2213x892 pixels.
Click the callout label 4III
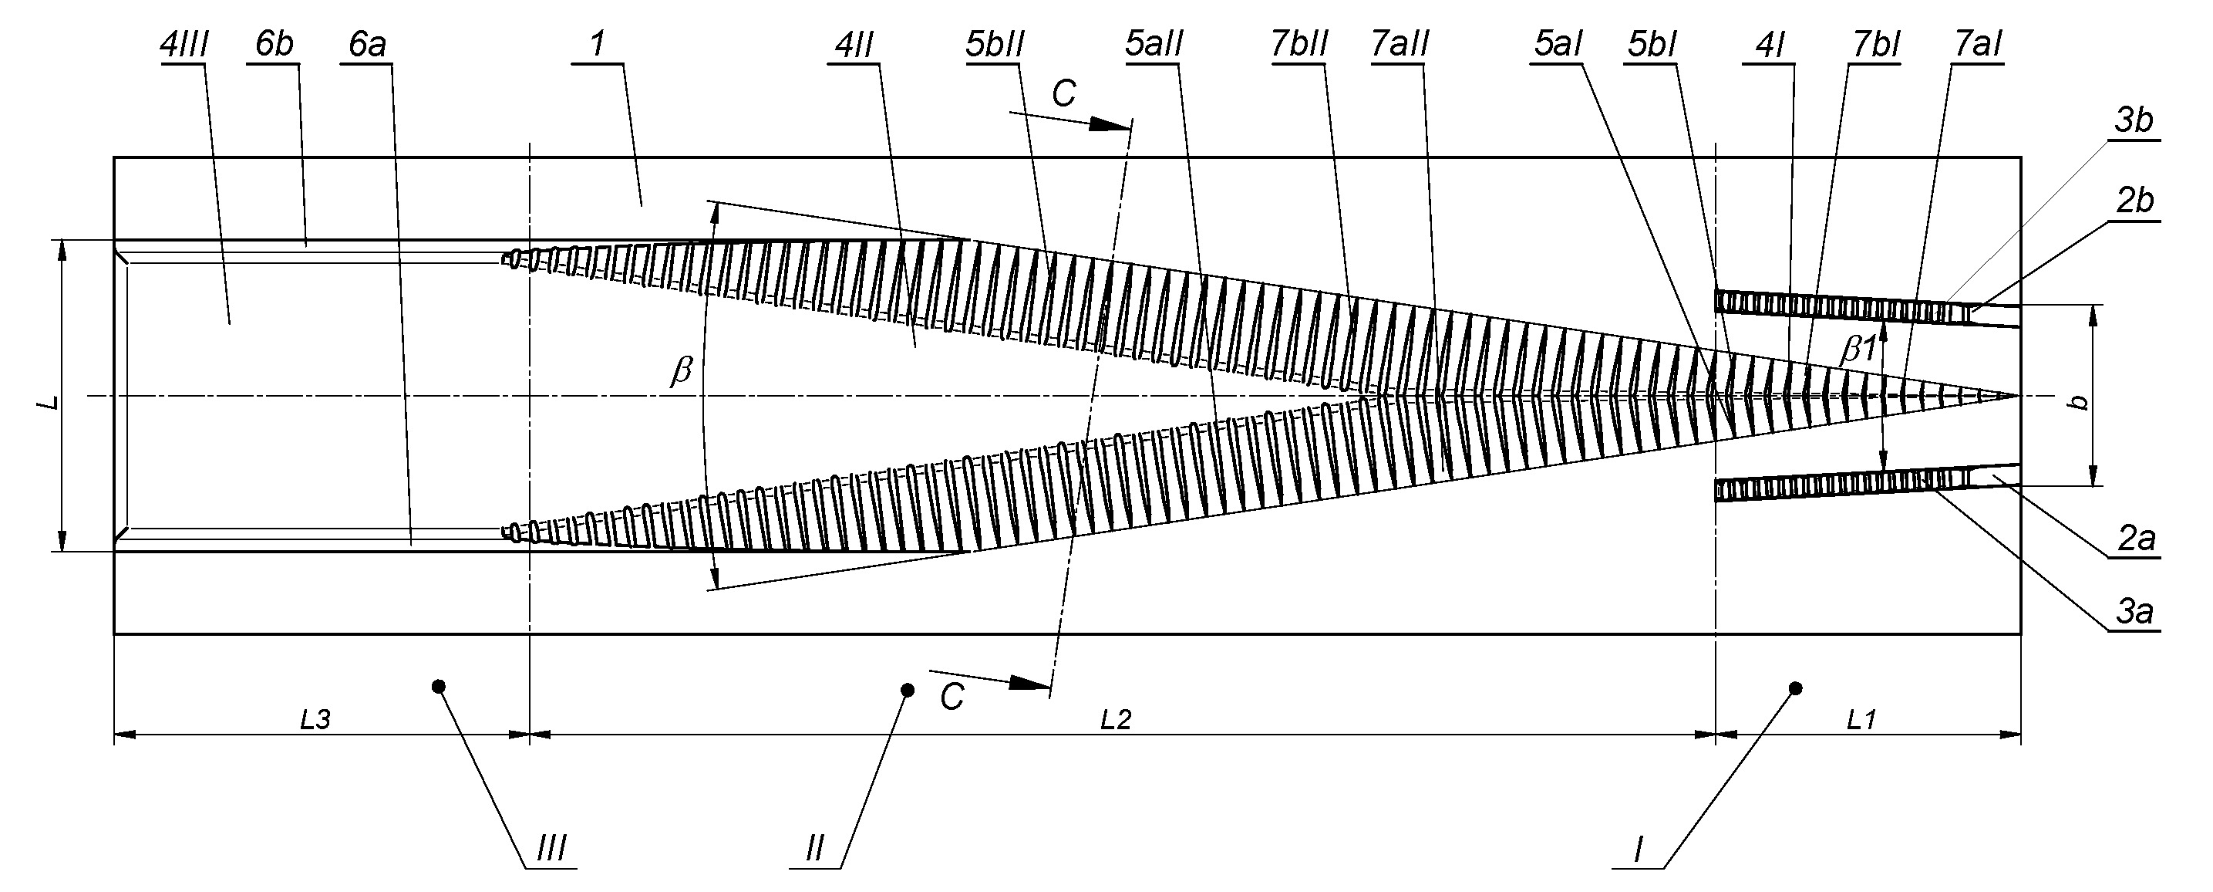point(184,45)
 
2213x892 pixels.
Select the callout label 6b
point(275,45)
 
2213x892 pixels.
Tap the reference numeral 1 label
point(598,45)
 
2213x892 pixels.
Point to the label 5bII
point(995,45)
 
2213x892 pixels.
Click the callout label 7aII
point(1400,45)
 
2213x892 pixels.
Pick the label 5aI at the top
point(1558,45)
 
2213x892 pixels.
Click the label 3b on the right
point(2133,121)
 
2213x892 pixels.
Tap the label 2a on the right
point(2136,539)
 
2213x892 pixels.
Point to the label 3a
point(2134,612)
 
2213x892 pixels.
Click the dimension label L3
point(315,720)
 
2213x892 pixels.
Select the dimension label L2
point(1116,720)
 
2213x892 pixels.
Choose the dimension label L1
point(1861,720)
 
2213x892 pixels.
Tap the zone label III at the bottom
point(551,850)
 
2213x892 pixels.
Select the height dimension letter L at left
point(52,401)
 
